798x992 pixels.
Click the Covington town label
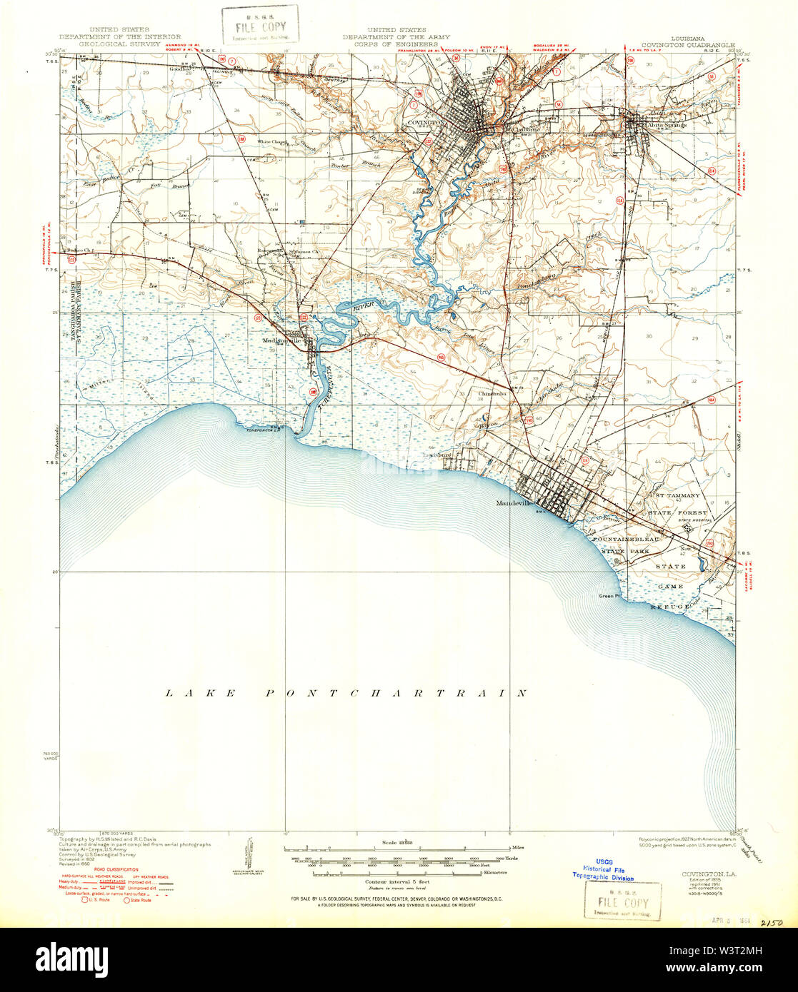pos(426,122)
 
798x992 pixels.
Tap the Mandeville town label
pos(515,503)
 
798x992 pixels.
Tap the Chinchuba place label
pos(493,393)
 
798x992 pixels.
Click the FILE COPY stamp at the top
pos(259,25)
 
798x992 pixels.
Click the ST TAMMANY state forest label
pos(677,495)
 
